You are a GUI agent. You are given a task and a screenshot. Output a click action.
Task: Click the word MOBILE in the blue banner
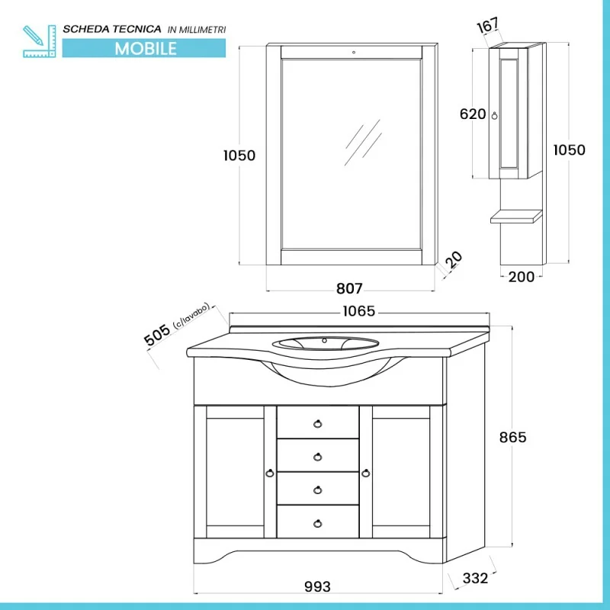tap(146, 49)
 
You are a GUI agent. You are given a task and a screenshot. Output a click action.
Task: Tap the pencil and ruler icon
tap(40, 41)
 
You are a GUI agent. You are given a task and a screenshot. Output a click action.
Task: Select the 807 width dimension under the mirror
tap(349, 288)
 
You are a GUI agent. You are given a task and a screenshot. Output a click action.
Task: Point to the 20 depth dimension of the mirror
tap(454, 260)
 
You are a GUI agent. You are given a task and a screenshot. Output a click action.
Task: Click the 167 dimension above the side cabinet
tap(487, 25)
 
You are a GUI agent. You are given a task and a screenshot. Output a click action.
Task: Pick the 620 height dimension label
tap(473, 114)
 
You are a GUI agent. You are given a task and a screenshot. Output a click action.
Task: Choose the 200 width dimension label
tap(522, 277)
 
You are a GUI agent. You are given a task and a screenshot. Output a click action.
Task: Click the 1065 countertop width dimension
tap(358, 311)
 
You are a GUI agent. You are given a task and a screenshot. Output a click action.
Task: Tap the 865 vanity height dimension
tap(512, 437)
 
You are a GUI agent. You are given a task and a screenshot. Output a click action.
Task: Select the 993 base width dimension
tap(317, 586)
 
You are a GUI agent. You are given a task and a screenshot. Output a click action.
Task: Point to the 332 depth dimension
tap(475, 578)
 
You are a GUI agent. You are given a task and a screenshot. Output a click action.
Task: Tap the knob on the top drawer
tap(318, 424)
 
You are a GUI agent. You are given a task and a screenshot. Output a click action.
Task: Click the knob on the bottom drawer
tap(318, 524)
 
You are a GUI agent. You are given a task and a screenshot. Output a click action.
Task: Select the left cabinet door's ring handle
tap(270, 473)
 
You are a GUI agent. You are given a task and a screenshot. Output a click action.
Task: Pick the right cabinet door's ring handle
tap(366, 473)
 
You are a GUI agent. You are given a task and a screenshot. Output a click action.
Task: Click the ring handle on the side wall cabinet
tap(494, 116)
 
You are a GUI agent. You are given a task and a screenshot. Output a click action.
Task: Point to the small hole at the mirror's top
tap(354, 52)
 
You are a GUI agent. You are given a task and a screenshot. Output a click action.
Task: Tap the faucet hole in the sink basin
tap(324, 341)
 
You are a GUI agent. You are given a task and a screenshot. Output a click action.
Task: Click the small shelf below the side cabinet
tap(516, 217)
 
